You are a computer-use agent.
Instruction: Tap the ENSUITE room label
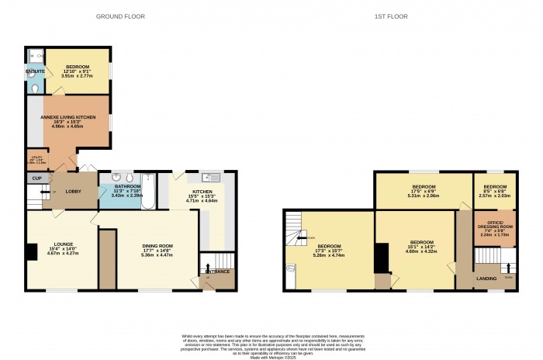click(x=35, y=71)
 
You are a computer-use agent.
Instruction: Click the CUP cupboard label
click(x=36, y=178)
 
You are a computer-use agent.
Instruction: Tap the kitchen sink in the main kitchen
click(x=212, y=178)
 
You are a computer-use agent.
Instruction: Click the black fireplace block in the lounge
click(x=30, y=252)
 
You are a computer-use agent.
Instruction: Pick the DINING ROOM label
click(x=157, y=246)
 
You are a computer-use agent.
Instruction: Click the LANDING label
click(x=486, y=276)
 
